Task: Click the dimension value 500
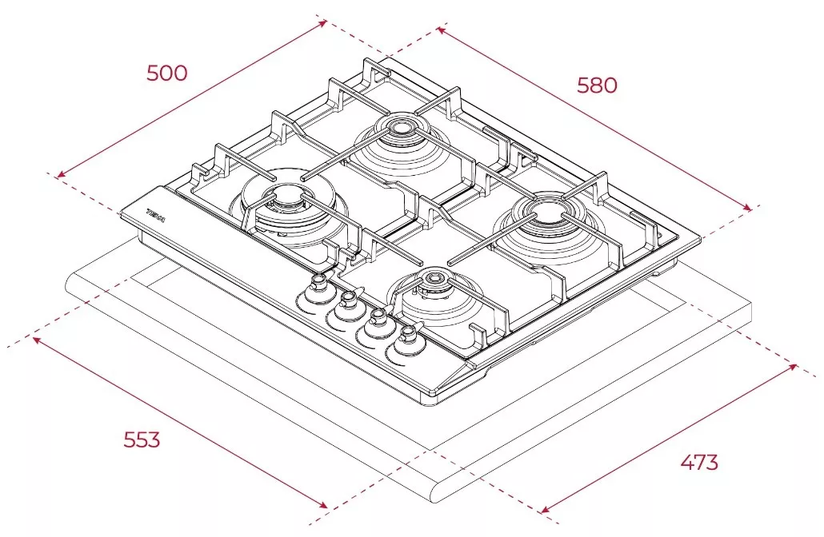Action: [x=166, y=73]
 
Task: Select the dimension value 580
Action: [x=597, y=85]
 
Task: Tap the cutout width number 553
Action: [x=142, y=440]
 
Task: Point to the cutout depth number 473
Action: [x=698, y=462]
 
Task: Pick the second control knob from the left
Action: [x=348, y=301]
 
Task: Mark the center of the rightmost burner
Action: [x=548, y=212]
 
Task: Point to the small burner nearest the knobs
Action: [x=434, y=280]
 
